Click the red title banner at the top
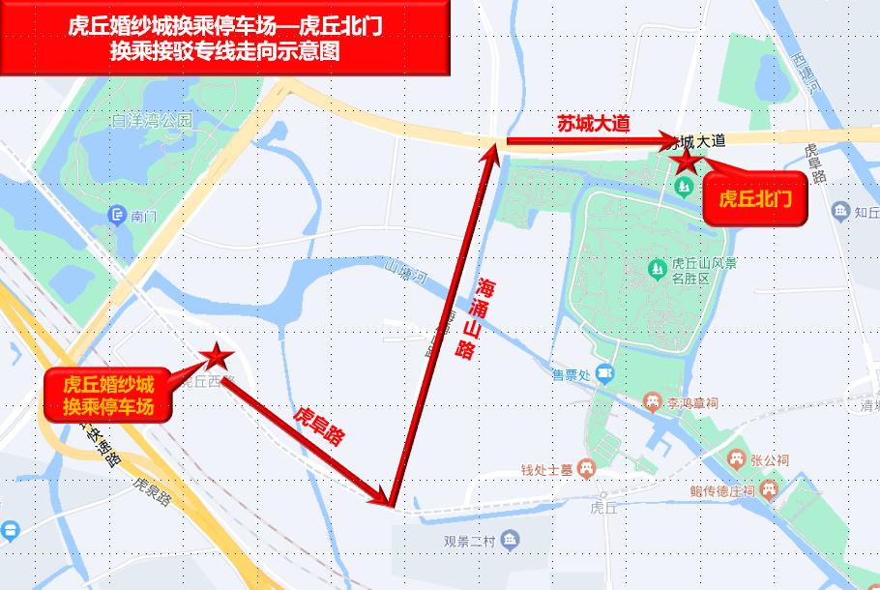[x=225, y=39]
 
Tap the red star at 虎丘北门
[x=687, y=161]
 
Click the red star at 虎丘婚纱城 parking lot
[x=215, y=356]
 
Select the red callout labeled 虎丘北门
[x=755, y=200]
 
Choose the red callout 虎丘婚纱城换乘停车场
[x=108, y=395]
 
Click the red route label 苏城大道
[x=593, y=124]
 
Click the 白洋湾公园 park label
[x=152, y=121]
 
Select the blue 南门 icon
[x=118, y=215]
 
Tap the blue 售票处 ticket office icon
[x=605, y=372]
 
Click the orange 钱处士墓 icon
[x=585, y=469]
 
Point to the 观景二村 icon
[x=510, y=540]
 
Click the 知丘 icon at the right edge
[x=839, y=210]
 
